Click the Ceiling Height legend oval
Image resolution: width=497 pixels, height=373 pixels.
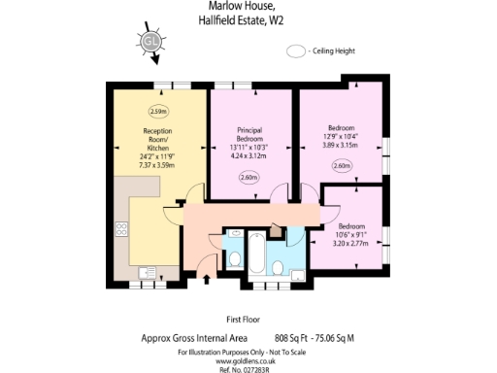point(297,51)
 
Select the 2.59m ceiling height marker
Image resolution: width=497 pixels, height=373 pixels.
point(158,110)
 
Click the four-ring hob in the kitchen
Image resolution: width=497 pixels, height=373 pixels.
point(122,230)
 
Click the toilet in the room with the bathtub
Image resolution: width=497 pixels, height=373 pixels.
point(277,268)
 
